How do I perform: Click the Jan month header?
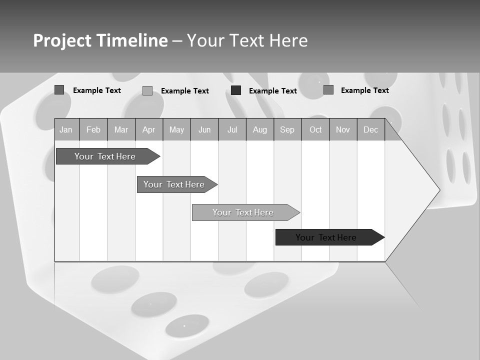(x=66, y=130)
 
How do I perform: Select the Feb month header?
(x=93, y=130)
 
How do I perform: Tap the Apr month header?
(x=148, y=130)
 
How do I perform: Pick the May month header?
(x=176, y=130)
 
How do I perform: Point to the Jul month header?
(x=232, y=130)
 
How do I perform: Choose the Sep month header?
(x=287, y=130)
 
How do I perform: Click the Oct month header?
(x=315, y=130)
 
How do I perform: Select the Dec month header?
(x=370, y=130)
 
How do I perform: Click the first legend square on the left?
(x=59, y=90)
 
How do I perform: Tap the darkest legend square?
(x=236, y=90)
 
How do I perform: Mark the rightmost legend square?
(x=328, y=90)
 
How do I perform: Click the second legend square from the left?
(x=147, y=90)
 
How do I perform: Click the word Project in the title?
(x=62, y=40)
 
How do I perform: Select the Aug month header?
(x=259, y=130)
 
